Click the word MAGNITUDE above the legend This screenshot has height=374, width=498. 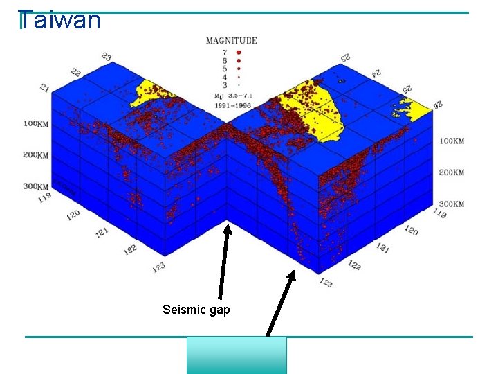[x=232, y=40]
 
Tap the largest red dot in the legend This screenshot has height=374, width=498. [x=238, y=51]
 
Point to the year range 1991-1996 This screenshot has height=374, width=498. [x=232, y=105]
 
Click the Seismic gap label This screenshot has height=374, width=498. [x=196, y=310]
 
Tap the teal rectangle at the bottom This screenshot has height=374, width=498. [x=237, y=355]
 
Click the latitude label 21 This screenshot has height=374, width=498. [x=45, y=89]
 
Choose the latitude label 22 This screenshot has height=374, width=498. [x=75, y=72]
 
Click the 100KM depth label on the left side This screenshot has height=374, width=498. [x=36, y=123]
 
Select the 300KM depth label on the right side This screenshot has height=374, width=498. [x=452, y=204]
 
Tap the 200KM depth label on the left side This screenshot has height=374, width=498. [x=35, y=154]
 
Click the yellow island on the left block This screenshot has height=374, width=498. [x=155, y=93]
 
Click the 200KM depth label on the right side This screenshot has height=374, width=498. [x=452, y=172]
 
